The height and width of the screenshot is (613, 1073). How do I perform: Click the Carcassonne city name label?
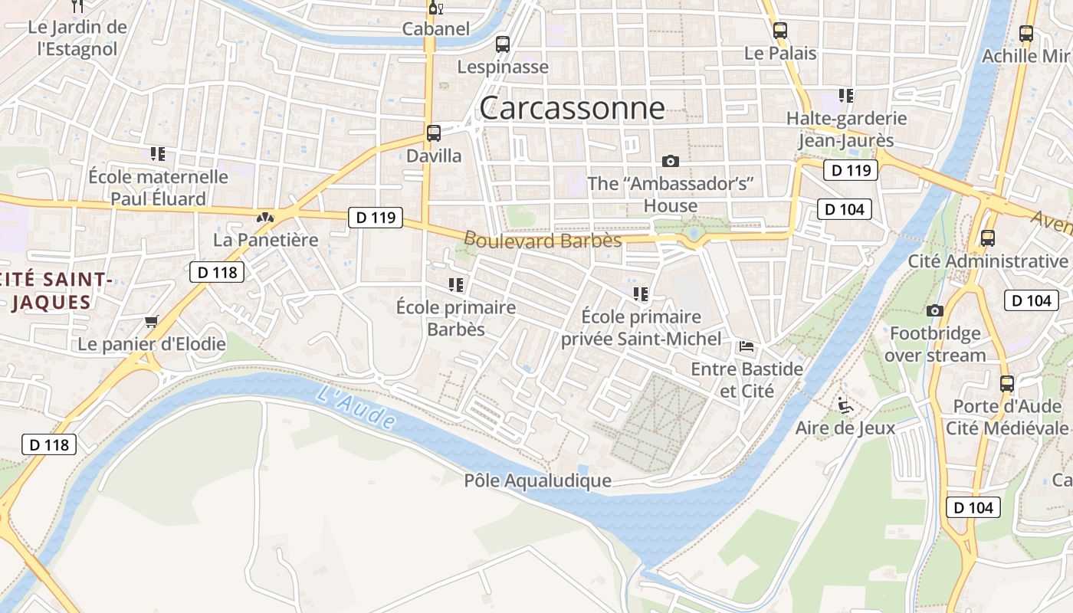pos(572,108)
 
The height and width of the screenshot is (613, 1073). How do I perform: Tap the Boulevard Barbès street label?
pos(543,240)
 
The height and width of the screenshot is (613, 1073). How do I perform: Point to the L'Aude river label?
pos(356,408)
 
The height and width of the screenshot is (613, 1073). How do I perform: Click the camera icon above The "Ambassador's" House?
pos(671,161)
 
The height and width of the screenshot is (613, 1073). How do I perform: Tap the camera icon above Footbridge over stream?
pos(934,310)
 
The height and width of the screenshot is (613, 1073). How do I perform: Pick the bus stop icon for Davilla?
pos(434,133)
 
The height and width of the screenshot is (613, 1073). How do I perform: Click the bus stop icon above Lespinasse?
pos(503,44)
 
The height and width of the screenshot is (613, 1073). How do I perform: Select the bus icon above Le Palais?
pos(780,31)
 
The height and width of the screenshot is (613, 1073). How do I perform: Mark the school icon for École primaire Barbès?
pos(456,285)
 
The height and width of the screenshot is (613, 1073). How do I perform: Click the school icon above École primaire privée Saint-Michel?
pos(642,293)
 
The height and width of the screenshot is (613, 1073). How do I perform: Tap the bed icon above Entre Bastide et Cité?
pos(747,346)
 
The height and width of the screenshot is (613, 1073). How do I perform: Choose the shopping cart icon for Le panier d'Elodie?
pos(152,321)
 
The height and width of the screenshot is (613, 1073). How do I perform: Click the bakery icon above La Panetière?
pos(265,218)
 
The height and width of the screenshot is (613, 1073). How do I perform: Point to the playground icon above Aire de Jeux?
pos(845,405)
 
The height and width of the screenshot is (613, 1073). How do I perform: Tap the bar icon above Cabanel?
pos(435,8)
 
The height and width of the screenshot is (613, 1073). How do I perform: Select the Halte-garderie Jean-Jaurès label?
pos(846,129)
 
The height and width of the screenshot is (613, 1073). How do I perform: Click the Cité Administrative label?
pos(987,261)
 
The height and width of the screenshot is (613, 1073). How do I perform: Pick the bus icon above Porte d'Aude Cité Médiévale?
pos(1007,383)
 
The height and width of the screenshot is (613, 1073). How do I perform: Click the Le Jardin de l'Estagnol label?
pos(77,38)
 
